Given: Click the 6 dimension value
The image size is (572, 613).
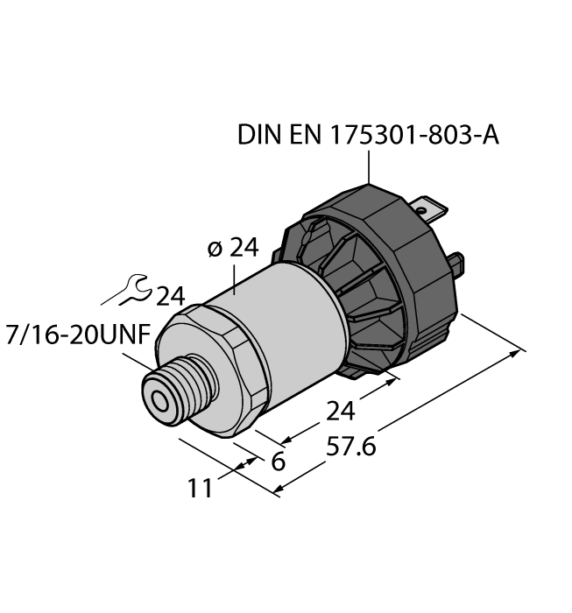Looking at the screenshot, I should (278, 461).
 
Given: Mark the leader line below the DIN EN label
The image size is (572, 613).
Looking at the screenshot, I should (370, 166).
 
